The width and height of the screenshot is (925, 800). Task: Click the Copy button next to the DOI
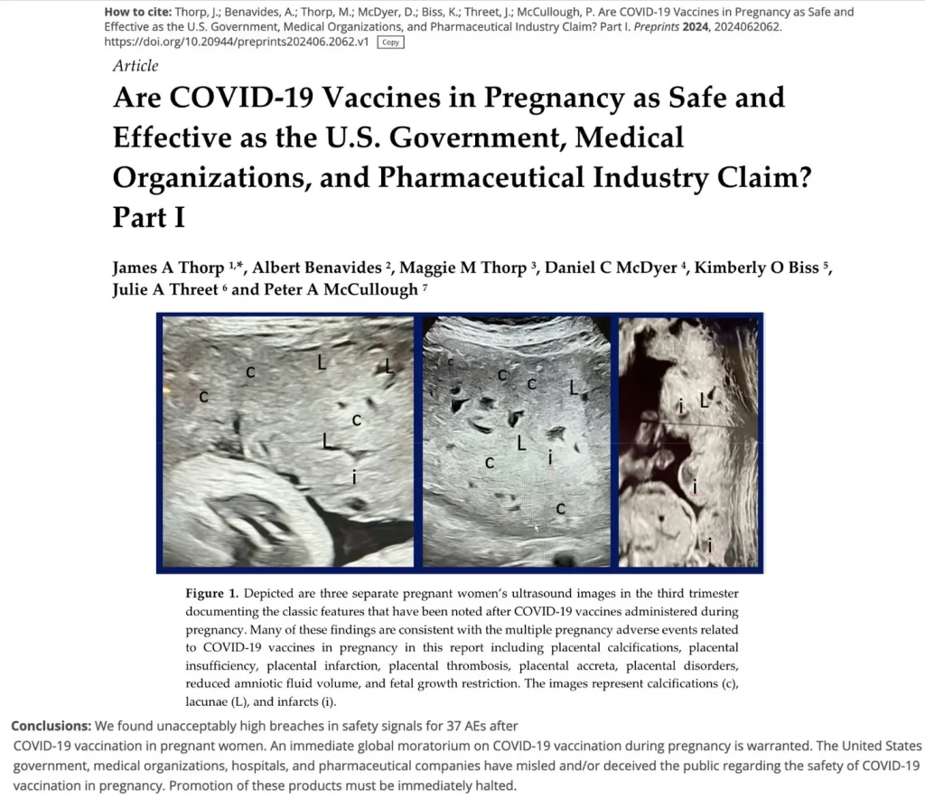click(391, 42)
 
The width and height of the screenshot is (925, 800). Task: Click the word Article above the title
click(135, 65)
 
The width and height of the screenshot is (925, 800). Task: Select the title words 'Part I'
click(149, 219)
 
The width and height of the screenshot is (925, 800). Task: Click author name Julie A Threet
click(165, 289)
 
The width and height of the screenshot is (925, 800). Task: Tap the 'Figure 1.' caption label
click(211, 593)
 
